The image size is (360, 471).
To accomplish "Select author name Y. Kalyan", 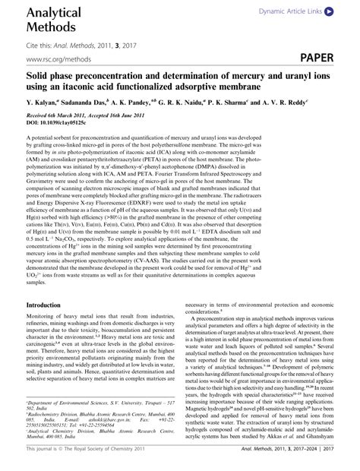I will point(43,101).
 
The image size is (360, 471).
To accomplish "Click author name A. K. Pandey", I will point(145,101).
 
